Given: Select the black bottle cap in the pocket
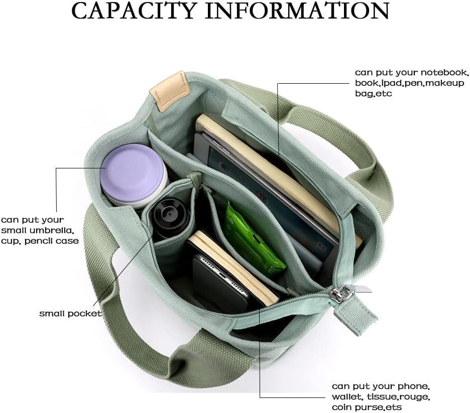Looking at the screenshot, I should (170, 217).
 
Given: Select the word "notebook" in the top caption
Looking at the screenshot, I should (444, 73).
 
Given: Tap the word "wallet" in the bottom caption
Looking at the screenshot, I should (346, 397).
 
